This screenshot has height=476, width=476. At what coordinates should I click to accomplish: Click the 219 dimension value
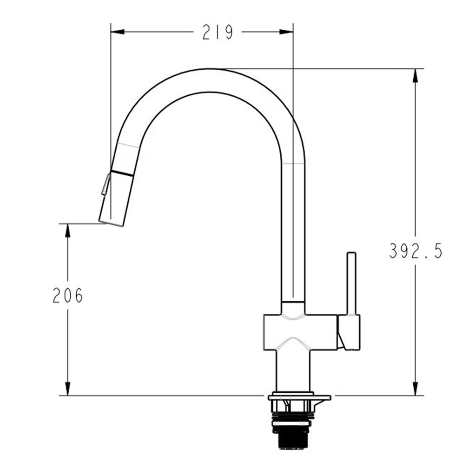tap(218, 32)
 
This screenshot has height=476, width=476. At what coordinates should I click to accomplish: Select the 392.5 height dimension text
tap(416, 251)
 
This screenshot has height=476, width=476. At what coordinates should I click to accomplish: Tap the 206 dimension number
tap(68, 295)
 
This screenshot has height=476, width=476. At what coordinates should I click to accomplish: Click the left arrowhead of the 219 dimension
tap(118, 32)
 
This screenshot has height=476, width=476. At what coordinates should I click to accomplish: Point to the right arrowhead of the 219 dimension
tap(286, 32)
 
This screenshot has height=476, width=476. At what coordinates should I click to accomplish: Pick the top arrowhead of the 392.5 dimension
tap(415, 76)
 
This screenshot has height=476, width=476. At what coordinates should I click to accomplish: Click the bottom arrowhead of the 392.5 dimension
tap(415, 389)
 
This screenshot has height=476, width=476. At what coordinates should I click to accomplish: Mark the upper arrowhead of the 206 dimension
tap(68, 231)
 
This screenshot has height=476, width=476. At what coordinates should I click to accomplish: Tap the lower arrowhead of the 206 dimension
tap(68, 389)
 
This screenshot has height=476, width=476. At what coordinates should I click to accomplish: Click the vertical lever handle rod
tap(351, 284)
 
